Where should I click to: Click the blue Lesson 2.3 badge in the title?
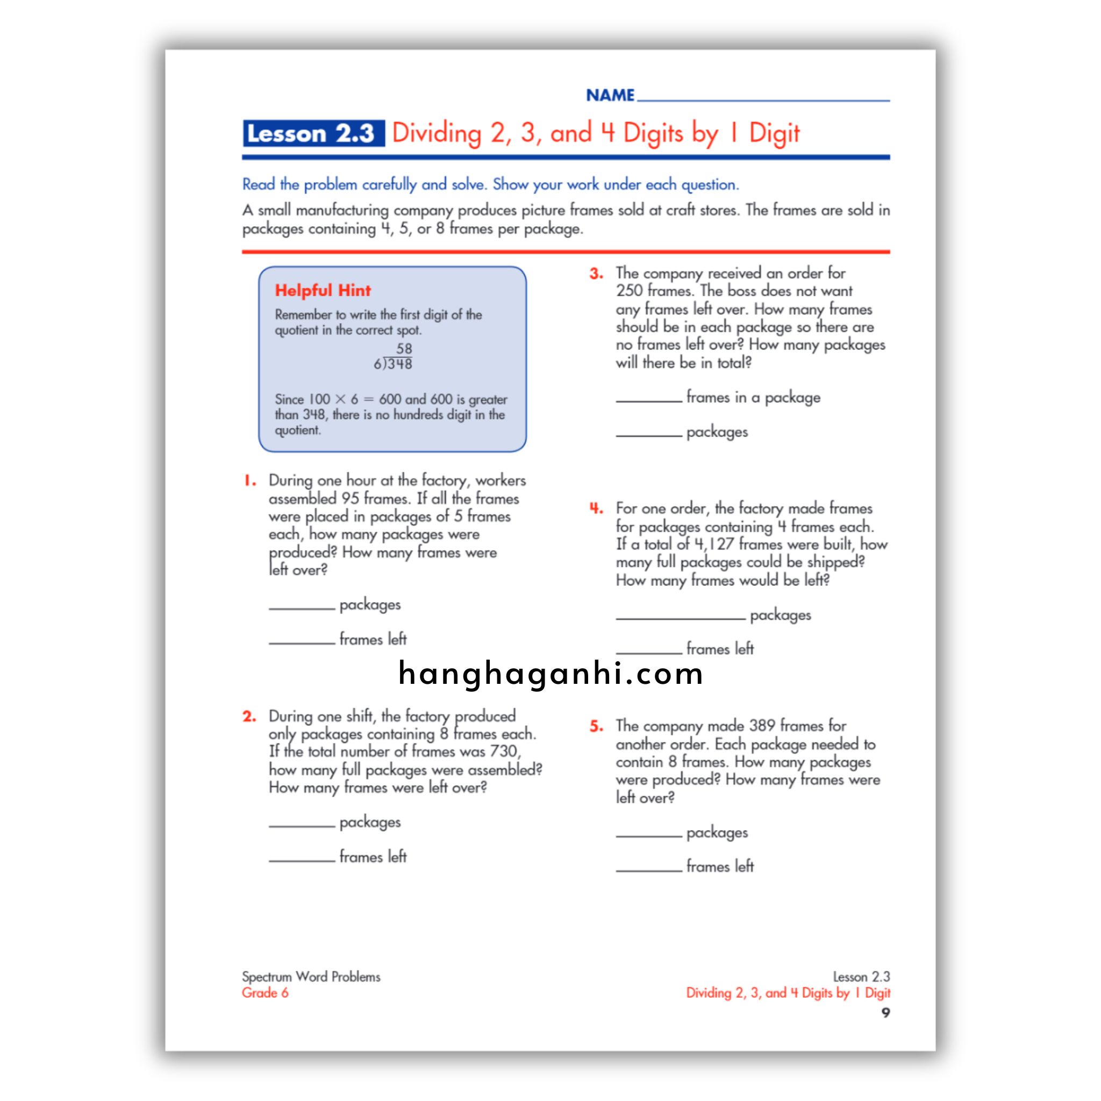(x=313, y=133)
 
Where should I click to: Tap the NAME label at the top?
(x=610, y=95)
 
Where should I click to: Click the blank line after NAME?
(x=763, y=97)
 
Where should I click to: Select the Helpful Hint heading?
(x=323, y=291)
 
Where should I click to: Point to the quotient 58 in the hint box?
(x=404, y=348)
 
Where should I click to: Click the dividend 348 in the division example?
(x=400, y=364)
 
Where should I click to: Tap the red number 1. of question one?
(x=249, y=481)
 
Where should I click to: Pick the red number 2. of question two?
(x=249, y=716)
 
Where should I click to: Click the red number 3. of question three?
(x=596, y=274)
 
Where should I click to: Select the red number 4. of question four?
(x=596, y=509)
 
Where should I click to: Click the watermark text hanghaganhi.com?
(x=550, y=674)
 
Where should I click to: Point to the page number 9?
(x=885, y=1013)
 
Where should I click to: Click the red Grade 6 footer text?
(x=265, y=993)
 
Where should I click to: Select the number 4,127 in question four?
(x=714, y=544)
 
